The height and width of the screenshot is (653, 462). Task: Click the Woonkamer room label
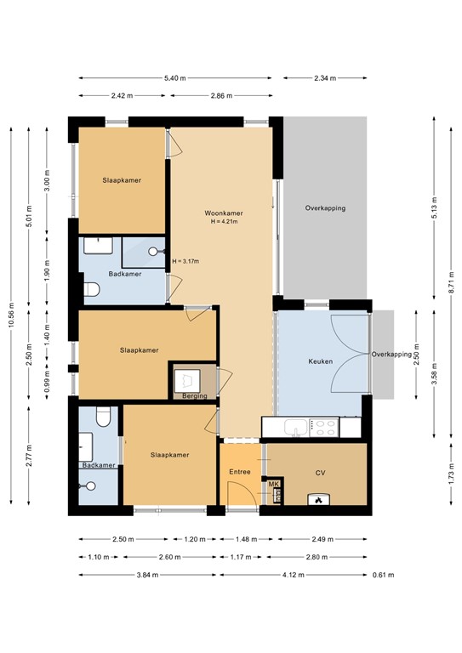pyautogui.click(x=223, y=213)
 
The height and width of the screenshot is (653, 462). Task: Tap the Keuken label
pyautogui.click(x=321, y=361)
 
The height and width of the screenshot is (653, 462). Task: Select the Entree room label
pyautogui.click(x=240, y=472)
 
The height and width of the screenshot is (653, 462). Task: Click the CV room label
pyautogui.click(x=320, y=473)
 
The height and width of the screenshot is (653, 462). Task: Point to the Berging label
pyautogui.click(x=195, y=395)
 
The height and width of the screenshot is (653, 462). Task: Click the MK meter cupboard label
pyautogui.click(x=273, y=484)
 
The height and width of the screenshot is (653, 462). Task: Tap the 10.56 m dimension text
pyautogui.click(x=11, y=315)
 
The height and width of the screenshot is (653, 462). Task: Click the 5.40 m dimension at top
pyautogui.click(x=175, y=78)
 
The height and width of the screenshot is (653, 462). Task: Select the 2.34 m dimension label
pyautogui.click(x=325, y=78)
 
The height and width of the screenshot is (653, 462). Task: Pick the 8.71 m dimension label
pyautogui.click(x=451, y=282)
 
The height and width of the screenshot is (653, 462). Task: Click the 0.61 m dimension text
pyautogui.click(x=383, y=575)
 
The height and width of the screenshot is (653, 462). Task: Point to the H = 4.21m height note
pyautogui.click(x=224, y=222)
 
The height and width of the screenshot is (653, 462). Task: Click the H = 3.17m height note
pyautogui.click(x=185, y=262)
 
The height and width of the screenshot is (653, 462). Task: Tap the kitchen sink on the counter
pyautogui.click(x=296, y=428)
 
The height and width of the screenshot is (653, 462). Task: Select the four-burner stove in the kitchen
pyautogui.click(x=323, y=428)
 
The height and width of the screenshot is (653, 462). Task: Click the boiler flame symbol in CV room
pyautogui.click(x=319, y=499)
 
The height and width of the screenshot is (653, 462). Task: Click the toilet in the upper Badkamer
pyautogui.click(x=92, y=289)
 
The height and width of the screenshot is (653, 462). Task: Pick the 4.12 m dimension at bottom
pyautogui.click(x=294, y=575)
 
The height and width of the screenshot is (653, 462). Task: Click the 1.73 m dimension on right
pyautogui.click(x=451, y=474)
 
